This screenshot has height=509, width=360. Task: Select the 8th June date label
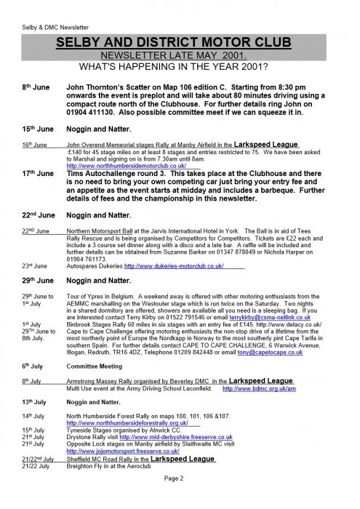click(36, 87)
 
